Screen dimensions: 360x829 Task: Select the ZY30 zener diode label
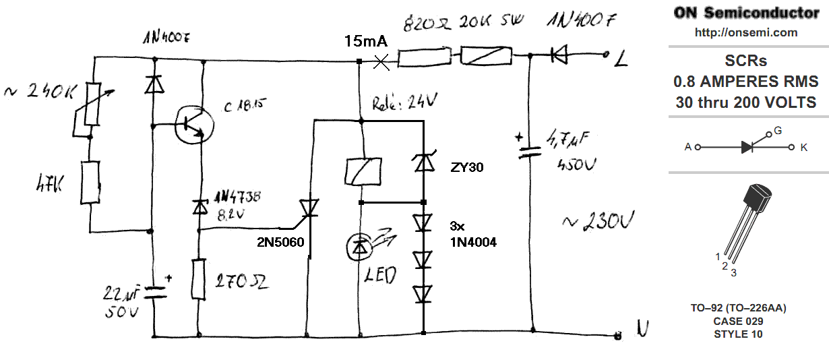tap(467, 168)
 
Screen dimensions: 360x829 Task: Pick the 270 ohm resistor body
tap(198, 279)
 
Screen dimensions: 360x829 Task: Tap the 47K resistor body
tap(89, 181)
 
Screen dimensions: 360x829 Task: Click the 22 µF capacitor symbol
tap(154, 291)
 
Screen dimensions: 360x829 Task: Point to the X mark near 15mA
tap(381, 62)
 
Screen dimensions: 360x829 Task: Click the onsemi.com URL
tap(745, 32)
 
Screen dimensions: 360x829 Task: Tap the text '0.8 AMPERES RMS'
tap(745, 82)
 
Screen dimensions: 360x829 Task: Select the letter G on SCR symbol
tap(777, 131)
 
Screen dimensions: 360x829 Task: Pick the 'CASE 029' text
tap(738, 321)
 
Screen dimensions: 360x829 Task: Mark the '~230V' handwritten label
tap(599, 220)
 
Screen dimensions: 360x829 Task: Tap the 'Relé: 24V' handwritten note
tap(404, 103)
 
